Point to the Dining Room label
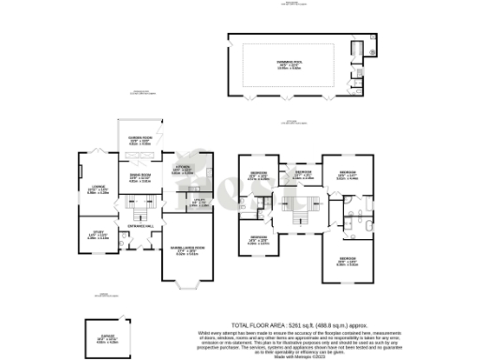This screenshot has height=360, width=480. [x=140, y=178]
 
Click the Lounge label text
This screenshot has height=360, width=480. [x=90, y=190]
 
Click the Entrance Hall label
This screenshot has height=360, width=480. [x=140, y=226]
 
